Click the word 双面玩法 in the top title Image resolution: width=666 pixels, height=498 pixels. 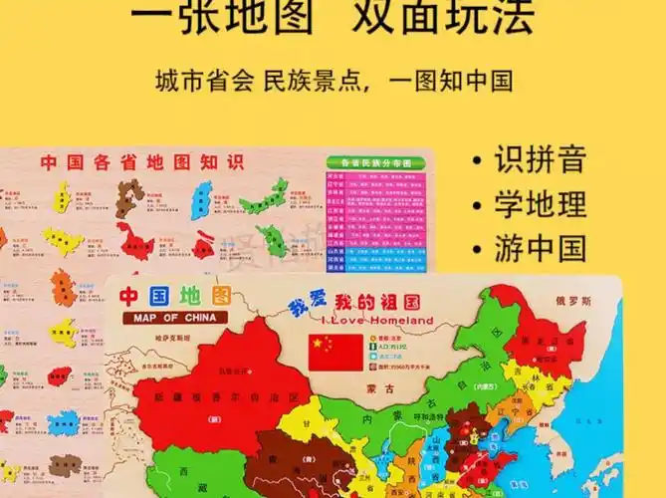click(464, 17)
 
